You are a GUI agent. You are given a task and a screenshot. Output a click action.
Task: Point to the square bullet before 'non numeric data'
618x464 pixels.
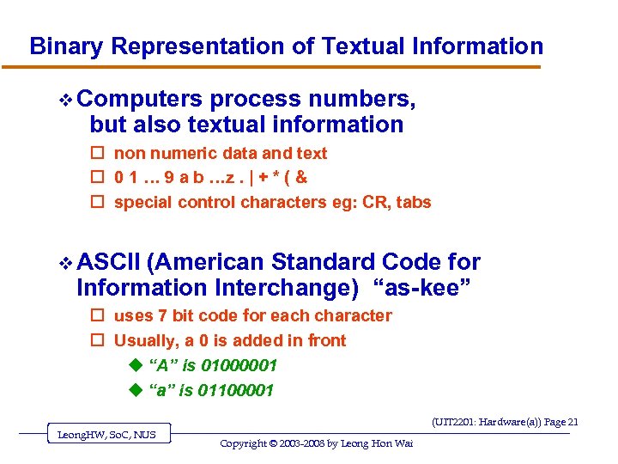97,154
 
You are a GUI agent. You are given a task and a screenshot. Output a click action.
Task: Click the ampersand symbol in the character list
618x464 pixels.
301,178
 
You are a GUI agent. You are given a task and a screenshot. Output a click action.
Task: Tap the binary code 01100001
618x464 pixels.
236,391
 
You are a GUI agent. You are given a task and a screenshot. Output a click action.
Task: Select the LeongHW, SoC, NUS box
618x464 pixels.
106,435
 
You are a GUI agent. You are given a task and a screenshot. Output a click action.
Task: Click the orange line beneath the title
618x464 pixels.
283,67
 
